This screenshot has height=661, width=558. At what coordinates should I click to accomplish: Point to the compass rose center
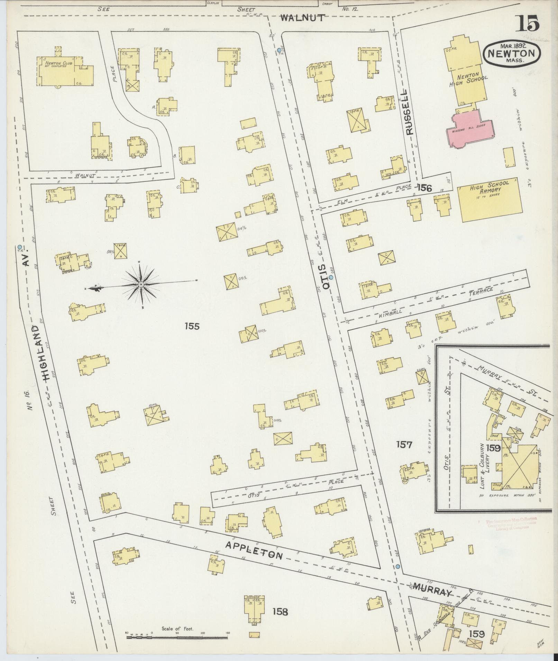[141, 284]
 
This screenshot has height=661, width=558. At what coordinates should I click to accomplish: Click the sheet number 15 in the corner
[529, 24]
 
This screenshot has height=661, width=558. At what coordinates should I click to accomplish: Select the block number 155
[192, 325]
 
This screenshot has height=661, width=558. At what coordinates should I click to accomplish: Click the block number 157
[404, 444]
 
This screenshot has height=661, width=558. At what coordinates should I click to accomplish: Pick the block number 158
[280, 612]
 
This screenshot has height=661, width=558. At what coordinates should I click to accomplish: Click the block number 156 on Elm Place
[424, 188]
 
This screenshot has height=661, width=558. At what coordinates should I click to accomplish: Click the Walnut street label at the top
[303, 18]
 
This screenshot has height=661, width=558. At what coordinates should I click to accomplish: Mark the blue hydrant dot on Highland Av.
[19, 247]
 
